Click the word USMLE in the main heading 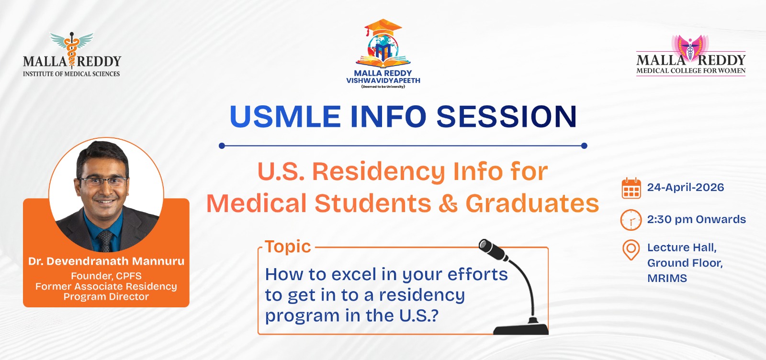[x=285, y=116]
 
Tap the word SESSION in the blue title [x=507, y=116]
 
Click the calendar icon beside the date [x=631, y=188]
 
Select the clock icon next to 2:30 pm [x=631, y=220]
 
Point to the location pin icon [x=631, y=250]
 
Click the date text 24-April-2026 [x=685, y=187]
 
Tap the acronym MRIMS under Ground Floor [x=667, y=278]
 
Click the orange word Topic [x=288, y=247]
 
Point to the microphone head [x=493, y=249]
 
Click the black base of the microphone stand [x=521, y=328]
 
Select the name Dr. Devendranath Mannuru [x=106, y=261]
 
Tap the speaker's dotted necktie [x=104, y=241]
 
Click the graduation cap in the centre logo [x=383, y=27]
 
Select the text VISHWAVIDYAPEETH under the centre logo [x=383, y=81]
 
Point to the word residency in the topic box [x=422, y=295]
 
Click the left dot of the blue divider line [x=222, y=146]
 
